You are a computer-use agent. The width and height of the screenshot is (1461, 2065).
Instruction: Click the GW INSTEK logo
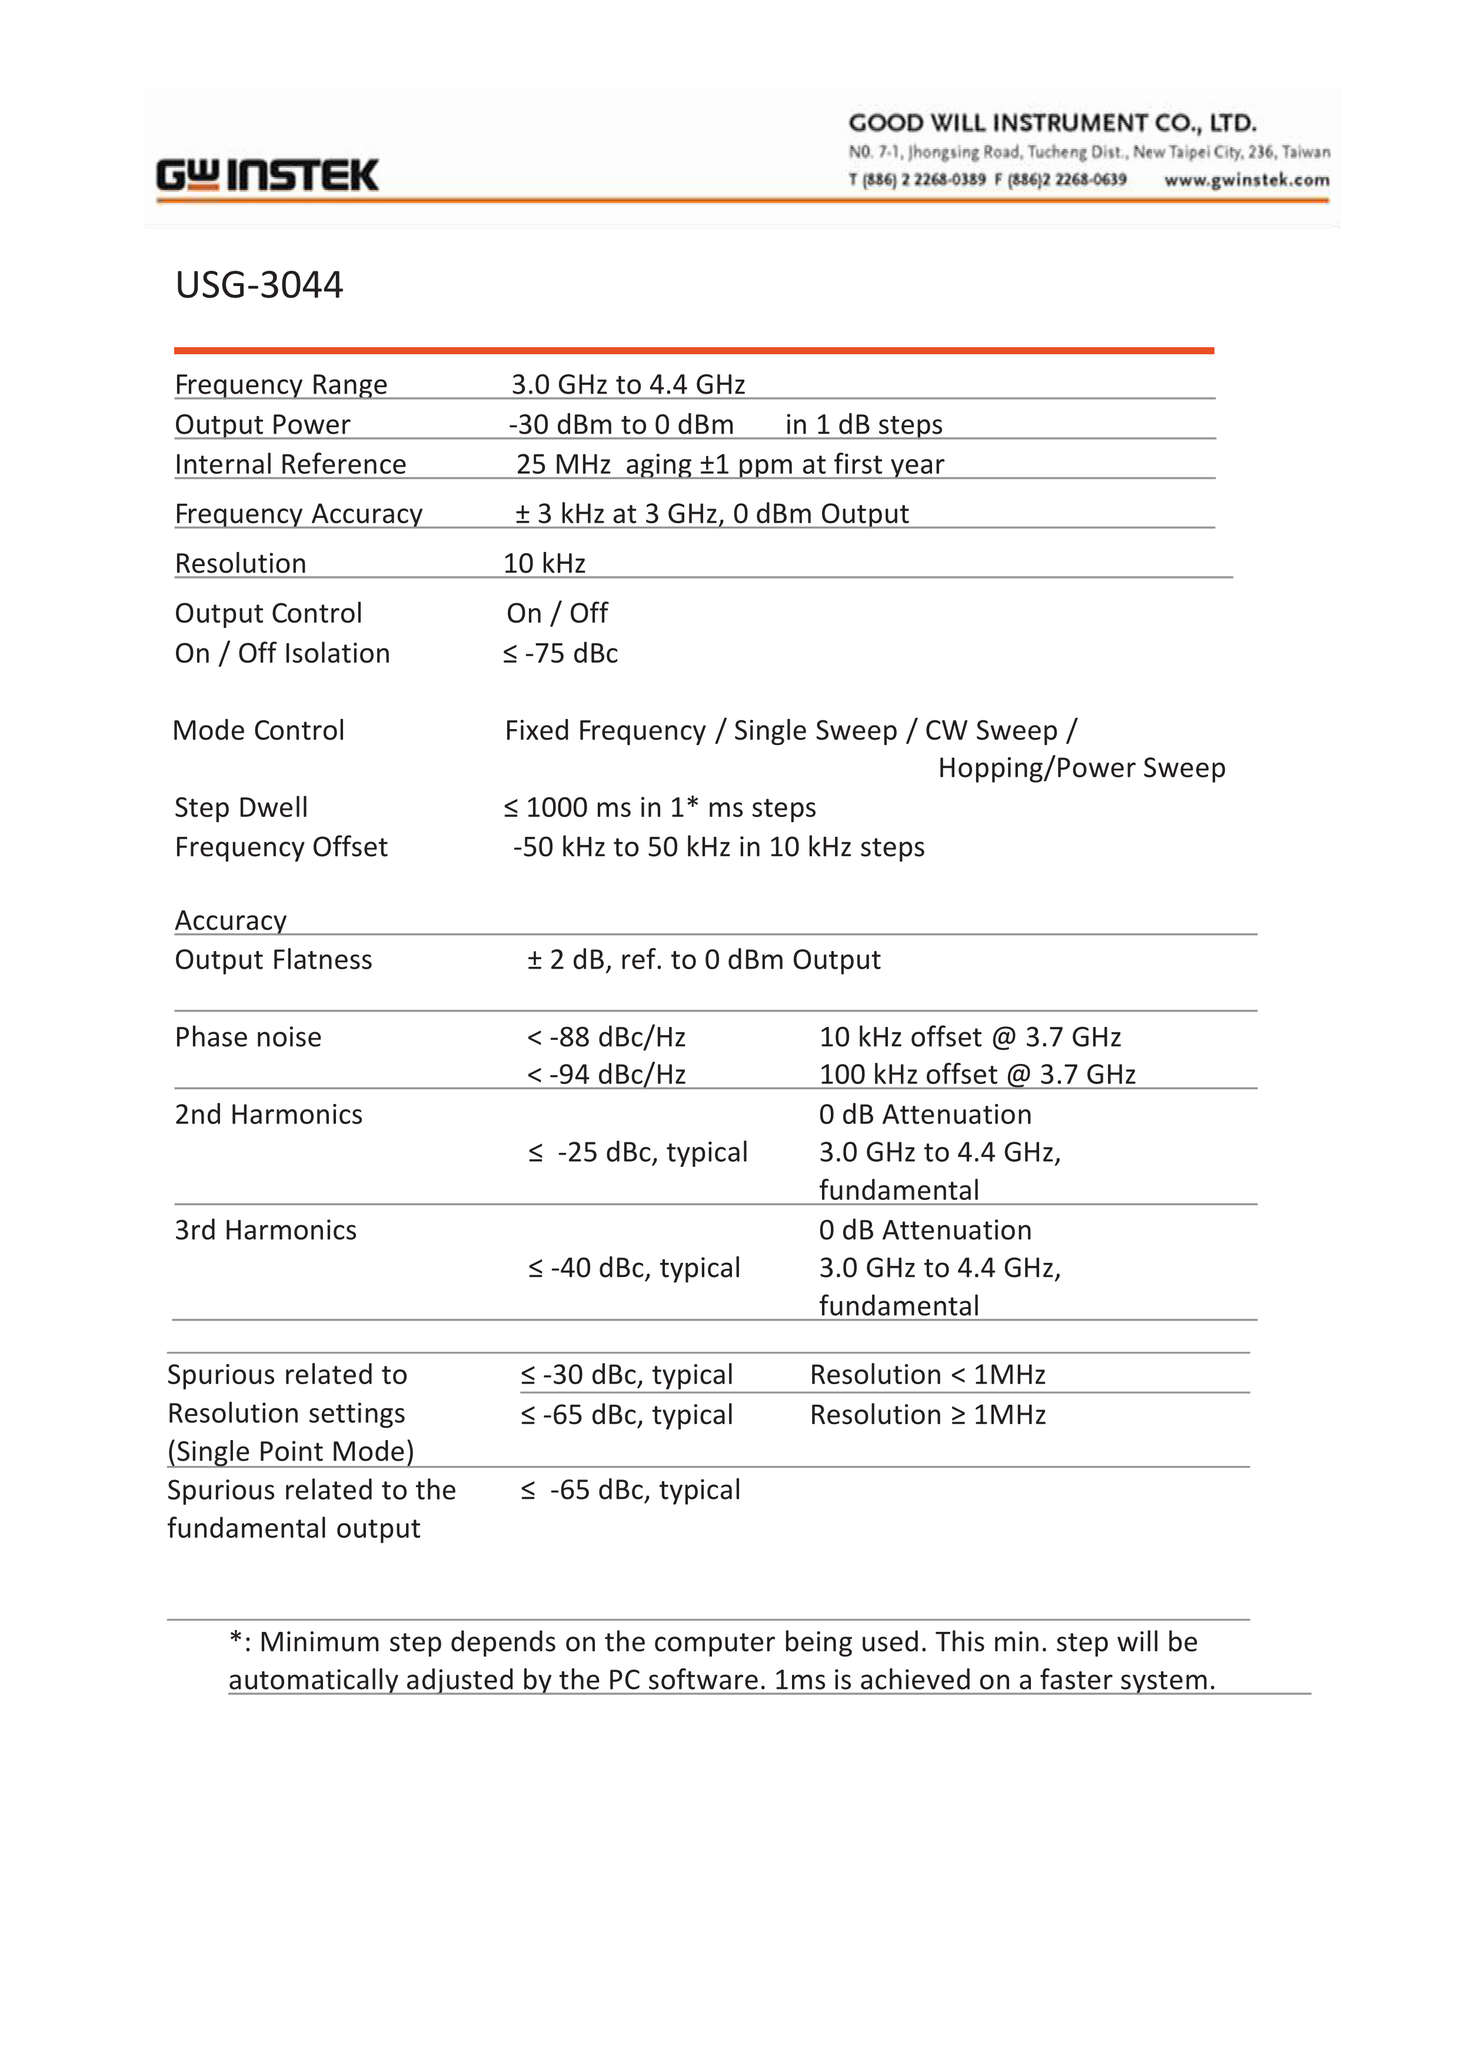[267, 175]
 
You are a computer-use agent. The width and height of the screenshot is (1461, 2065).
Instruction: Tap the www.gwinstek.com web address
[1246, 180]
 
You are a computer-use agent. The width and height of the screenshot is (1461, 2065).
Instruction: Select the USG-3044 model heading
[259, 285]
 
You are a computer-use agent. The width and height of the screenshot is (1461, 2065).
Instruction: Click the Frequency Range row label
[281, 384]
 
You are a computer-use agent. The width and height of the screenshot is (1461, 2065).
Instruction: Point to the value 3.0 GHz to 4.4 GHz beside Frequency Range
[628, 384]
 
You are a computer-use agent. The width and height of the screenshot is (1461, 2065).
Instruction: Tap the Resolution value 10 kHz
[544, 563]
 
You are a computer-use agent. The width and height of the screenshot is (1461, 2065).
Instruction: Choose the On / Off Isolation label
[282, 653]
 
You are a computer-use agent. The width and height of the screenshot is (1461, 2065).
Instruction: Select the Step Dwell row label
[241, 807]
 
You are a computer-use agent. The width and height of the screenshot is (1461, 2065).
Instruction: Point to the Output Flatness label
[272, 960]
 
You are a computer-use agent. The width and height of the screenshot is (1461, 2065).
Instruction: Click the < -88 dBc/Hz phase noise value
[607, 1038]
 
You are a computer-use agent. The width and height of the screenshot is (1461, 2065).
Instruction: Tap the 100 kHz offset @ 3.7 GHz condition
[977, 1075]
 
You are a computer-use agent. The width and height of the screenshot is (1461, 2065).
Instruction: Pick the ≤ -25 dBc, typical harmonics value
[638, 1153]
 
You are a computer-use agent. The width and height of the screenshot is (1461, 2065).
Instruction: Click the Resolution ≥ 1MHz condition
[927, 1415]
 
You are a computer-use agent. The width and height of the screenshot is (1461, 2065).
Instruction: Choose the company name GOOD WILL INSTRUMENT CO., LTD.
[1051, 123]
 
